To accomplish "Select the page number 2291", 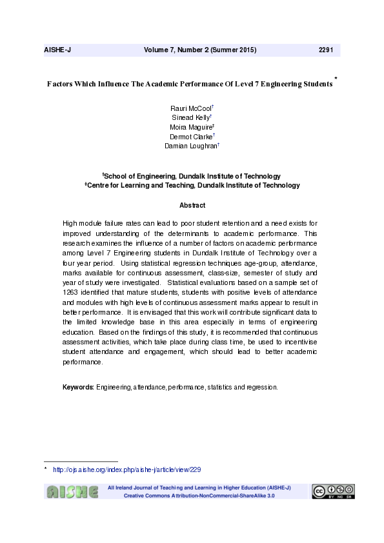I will point(326,50).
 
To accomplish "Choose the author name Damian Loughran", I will point(191,146).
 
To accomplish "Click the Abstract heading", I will point(192,206).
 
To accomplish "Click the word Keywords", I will point(78,388).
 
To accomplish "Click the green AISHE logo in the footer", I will point(71,492).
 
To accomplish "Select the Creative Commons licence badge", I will point(333,491).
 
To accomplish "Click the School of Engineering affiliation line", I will point(192,176).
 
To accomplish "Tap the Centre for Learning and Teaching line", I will point(192,186).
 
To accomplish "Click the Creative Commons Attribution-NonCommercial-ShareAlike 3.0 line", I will point(199,496).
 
